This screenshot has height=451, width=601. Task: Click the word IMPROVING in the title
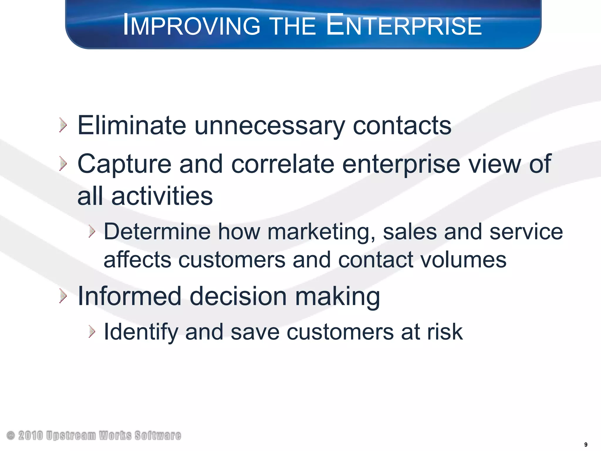[x=191, y=26]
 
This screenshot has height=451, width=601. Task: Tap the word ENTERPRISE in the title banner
[x=404, y=25]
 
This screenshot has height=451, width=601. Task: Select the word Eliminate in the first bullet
[x=131, y=126]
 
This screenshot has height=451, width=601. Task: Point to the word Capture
[x=124, y=165]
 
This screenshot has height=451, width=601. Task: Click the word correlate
[x=283, y=164]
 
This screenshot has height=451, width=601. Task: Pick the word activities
[x=162, y=196]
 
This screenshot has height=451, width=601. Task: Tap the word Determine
[x=157, y=232]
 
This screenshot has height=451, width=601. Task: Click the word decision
[x=238, y=296]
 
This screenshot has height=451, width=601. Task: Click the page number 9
[x=586, y=445]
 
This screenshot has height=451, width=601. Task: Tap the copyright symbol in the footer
[x=11, y=435]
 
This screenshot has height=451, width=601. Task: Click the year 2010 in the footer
[x=31, y=435]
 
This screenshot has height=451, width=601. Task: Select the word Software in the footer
[x=158, y=435]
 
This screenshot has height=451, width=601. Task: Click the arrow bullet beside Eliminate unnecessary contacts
[x=63, y=125]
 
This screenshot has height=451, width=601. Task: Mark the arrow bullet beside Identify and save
[x=92, y=332]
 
